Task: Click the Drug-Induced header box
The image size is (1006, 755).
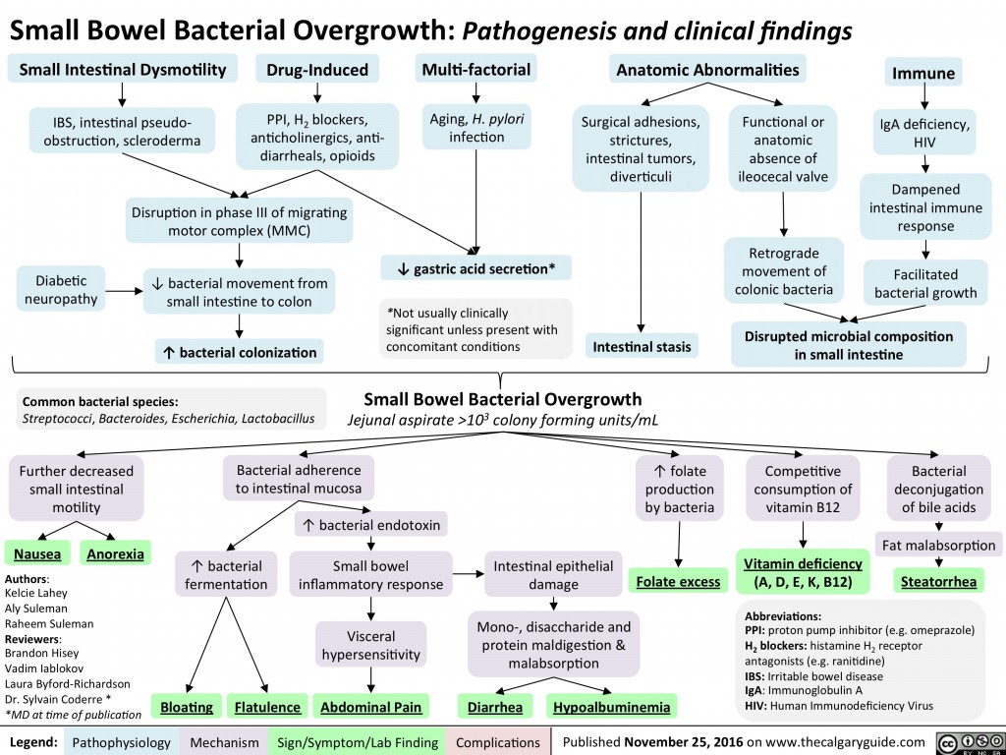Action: click(x=316, y=70)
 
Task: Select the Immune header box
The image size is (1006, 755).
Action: click(x=922, y=74)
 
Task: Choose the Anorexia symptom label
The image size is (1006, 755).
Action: click(x=116, y=553)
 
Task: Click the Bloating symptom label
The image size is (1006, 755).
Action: click(x=189, y=707)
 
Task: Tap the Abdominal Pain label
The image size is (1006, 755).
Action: click(x=369, y=707)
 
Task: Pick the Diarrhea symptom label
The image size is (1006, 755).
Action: click(x=495, y=707)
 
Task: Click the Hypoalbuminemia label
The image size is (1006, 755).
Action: click(x=612, y=707)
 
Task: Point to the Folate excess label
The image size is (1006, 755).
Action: click(x=678, y=582)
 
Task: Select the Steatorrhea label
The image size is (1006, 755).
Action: click(x=939, y=582)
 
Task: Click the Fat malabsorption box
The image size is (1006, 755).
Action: click(x=938, y=544)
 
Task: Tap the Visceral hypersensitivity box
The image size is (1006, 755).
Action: click(x=370, y=644)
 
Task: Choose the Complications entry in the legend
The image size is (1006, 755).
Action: click(x=497, y=741)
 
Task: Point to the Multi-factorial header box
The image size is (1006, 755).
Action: click(x=475, y=70)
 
